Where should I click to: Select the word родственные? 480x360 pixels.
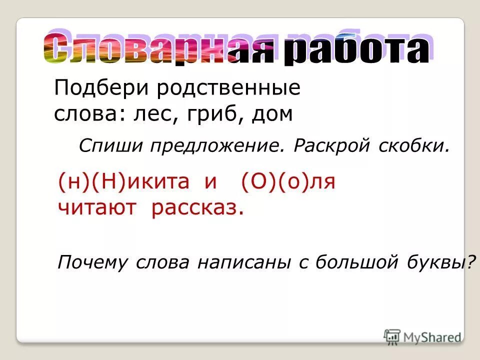point(228,89)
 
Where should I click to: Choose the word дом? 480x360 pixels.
point(272,114)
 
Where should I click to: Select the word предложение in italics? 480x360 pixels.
point(210,147)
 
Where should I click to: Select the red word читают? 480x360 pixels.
point(97,207)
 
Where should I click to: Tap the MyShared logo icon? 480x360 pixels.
point(392,337)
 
